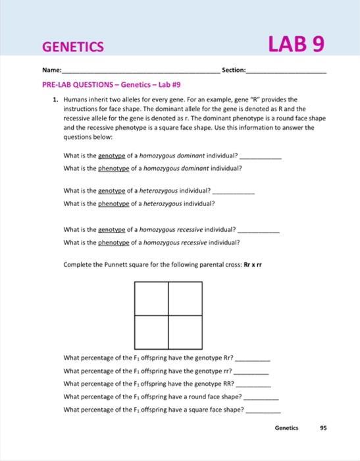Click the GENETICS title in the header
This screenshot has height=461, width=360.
(73, 46)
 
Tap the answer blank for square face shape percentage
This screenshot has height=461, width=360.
(263, 410)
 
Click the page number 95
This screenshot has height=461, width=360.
(322, 427)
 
